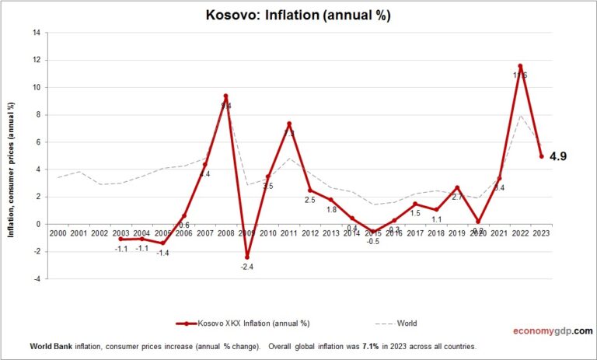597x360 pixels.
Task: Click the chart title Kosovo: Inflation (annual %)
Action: coord(298,14)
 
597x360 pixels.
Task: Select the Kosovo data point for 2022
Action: coord(520,66)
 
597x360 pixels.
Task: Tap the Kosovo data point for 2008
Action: coord(225,96)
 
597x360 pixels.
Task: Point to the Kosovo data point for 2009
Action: coord(246,257)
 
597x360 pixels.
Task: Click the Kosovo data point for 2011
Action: coord(289,124)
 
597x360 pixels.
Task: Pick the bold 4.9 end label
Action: coord(558,156)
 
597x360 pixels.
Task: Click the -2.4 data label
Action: coord(246,267)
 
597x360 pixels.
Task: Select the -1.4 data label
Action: coord(163,253)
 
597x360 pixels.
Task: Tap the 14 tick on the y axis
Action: coord(36,33)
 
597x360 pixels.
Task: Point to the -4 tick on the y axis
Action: coord(36,278)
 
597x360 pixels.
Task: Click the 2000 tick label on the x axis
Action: coord(58,233)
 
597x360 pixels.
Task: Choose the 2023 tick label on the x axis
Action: coord(541,233)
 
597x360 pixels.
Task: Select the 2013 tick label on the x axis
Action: coord(331,233)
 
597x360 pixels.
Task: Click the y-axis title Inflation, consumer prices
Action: coord(12,156)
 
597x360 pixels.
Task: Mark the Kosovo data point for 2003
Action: coord(121,239)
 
